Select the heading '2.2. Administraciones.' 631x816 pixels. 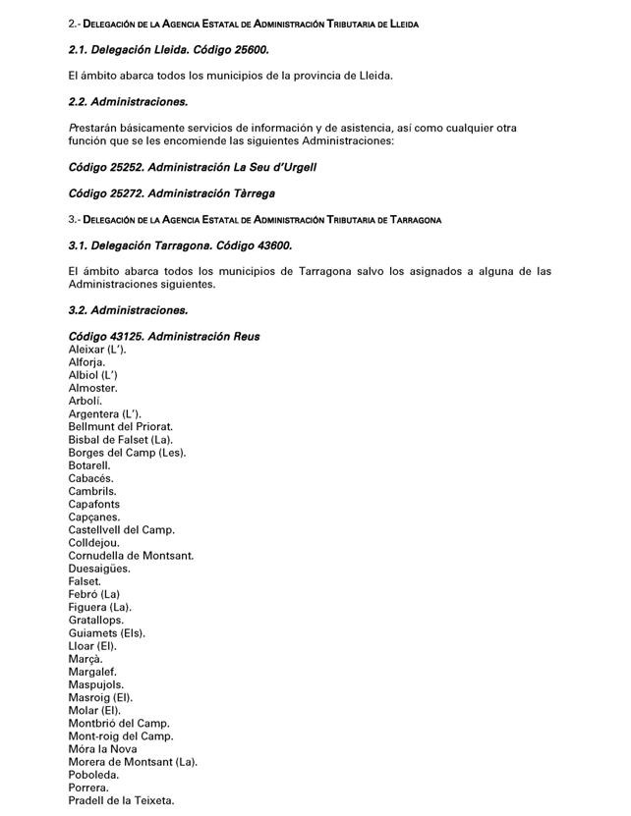tap(128, 101)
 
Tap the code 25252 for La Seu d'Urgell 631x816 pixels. tap(123, 167)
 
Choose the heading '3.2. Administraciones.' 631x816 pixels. tap(128, 310)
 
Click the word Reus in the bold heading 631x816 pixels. tap(246, 337)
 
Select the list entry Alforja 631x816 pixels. tap(86, 362)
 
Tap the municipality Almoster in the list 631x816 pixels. tap(93, 388)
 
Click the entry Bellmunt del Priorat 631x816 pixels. tap(121, 427)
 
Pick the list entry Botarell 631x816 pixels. tap(90, 465)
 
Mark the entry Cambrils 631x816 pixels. tap(92, 491)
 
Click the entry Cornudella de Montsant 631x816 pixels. tap(131, 556)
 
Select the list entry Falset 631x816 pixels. tap(85, 581)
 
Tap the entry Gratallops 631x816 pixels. tap(96, 621)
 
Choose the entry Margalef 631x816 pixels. tap(92, 672)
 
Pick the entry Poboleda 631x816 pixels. tap(94, 775)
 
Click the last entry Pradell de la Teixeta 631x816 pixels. tap(122, 800)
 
